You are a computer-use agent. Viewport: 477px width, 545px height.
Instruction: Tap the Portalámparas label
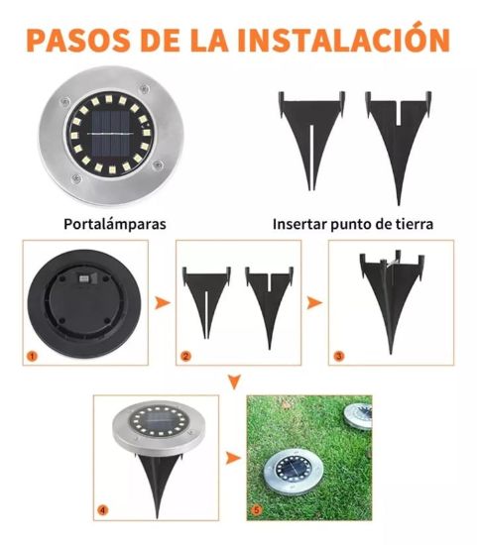(x=115, y=224)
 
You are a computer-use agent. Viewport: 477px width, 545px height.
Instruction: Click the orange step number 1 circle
(x=32, y=357)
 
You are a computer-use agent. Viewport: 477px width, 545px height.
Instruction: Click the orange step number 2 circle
(x=185, y=357)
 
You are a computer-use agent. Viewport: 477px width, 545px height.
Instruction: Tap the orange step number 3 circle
(x=338, y=356)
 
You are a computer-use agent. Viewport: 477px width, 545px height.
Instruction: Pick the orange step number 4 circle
(x=102, y=510)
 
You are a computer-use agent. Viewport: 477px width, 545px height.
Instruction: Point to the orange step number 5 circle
(x=257, y=510)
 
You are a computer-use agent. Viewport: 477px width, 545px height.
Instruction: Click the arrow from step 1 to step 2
(x=162, y=303)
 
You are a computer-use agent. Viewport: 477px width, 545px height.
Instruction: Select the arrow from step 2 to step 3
(x=314, y=303)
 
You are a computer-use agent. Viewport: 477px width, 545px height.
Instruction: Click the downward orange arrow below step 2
(x=235, y=381)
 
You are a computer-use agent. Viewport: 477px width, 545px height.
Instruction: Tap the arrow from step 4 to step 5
(x=232, y=458)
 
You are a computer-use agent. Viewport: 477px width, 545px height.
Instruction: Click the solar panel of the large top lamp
(x=111, y=134)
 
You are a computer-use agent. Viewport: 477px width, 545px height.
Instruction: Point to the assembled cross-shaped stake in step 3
(x=392, y=299)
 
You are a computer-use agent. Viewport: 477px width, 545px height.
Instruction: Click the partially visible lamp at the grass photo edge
(x=358, y=417)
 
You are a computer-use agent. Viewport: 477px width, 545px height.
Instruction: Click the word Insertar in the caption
(x=299, y=224)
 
